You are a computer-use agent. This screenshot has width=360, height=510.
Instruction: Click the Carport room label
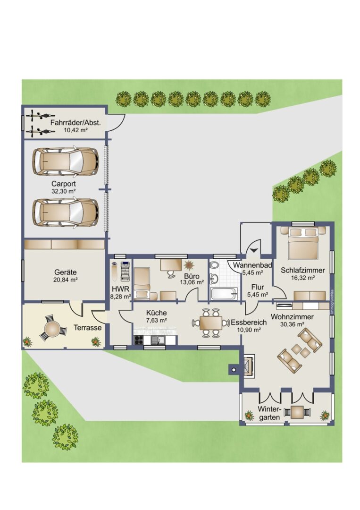[64, 184]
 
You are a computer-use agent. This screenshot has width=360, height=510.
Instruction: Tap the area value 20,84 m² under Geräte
[66, 280]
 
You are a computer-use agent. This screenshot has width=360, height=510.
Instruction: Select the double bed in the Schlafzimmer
[303, 243]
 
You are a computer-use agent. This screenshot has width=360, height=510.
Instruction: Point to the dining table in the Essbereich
[210, 323]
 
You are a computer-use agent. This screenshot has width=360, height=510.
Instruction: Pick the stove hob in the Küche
[139, 340]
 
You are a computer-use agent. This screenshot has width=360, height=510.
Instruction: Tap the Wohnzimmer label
[292, 317]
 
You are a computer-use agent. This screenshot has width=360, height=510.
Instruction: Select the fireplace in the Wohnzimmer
[249, 365]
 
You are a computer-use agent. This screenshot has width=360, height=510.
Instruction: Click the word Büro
[192, 276]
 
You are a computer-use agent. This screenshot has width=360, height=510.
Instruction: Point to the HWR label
[120, 289]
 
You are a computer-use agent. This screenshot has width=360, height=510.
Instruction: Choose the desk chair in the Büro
[170, 274]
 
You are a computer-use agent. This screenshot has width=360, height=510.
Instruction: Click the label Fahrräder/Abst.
[75, 123]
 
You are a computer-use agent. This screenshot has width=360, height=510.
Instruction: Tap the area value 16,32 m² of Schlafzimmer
[303, 278]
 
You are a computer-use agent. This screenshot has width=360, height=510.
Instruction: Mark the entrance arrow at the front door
[254, 250]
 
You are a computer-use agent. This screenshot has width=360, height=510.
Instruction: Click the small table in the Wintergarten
[297, 412]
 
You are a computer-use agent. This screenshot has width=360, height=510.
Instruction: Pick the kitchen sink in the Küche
[158, 340]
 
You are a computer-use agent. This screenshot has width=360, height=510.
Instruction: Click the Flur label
[257, 287]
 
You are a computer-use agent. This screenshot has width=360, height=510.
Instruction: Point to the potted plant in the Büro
[188, 265]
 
